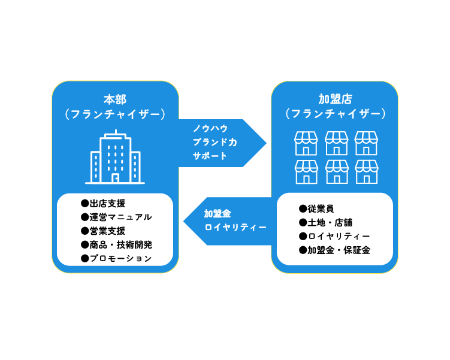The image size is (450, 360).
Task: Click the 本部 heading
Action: click(115, 99)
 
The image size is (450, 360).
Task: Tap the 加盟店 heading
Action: click(334, 99)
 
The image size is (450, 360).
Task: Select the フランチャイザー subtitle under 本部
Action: click(115, 114)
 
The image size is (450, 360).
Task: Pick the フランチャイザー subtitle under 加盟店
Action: click(334, 114)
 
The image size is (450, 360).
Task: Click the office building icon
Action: click(115, 157)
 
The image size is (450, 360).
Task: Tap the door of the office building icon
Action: click(115, 177)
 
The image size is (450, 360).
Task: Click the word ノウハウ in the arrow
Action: click(210, 128)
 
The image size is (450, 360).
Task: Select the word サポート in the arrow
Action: click(210, 156)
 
